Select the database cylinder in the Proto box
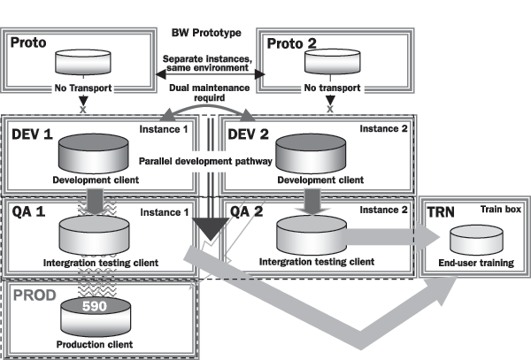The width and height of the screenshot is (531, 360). click(x=82, y=63)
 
